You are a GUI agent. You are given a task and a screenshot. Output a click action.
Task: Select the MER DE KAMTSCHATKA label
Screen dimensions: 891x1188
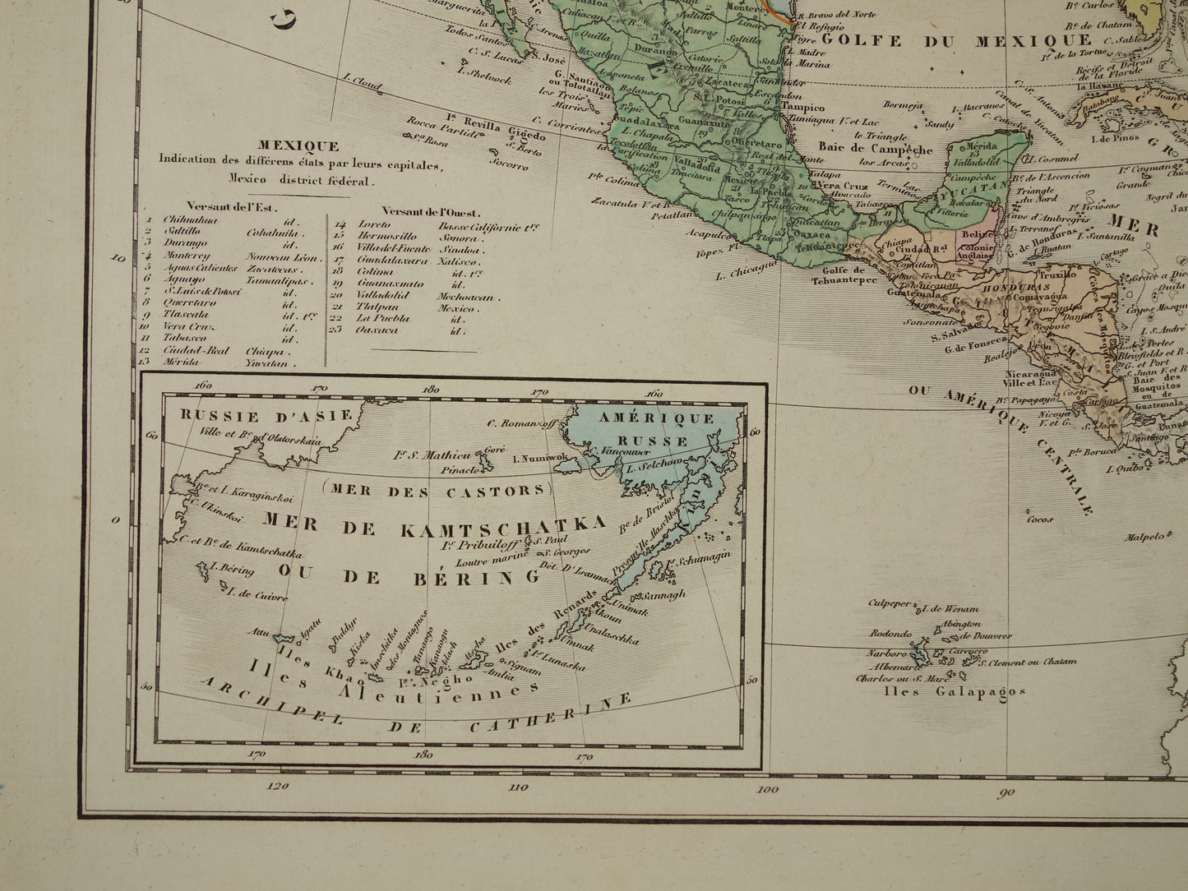pyautogui.click(x=434, y=523)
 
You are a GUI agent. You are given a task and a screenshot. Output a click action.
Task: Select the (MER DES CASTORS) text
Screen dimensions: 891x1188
pyautogui.click(x=435, y=492)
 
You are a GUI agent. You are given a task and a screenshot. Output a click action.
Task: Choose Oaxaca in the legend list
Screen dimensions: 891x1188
pyautogui.click(x=377, y=330)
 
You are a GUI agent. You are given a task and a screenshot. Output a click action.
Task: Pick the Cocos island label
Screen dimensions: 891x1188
pyautogui.click(x=1039, y=519)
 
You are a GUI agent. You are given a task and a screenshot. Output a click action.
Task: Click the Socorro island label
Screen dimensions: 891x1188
pyautogui.click(x=510, y=165)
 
